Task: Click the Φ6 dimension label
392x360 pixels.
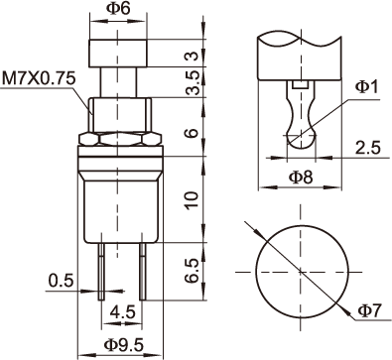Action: click(x=118, y=8)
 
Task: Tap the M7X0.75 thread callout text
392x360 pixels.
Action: click(x=39, y=78)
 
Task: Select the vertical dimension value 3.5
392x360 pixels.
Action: click(x=193, y=83)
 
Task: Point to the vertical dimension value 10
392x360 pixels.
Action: click(x=192, y=199)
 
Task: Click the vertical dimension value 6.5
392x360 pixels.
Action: click(x=192, y=271)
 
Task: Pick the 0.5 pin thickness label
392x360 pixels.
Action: click(x=61, y=281)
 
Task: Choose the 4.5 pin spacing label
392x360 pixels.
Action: click(x=123, y=311)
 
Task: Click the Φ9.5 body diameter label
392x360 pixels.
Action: click(x=124, y=345)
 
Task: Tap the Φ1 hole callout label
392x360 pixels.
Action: click(x=366, y=87)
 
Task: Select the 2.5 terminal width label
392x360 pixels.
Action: click(x=368, y=148)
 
